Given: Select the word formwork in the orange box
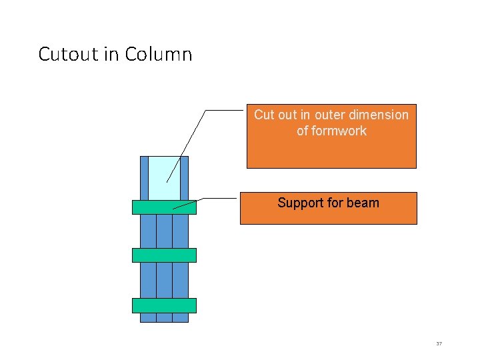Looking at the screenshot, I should click(339, 131).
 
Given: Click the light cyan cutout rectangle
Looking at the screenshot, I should click(164, 177).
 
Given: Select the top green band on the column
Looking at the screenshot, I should click(164, 207).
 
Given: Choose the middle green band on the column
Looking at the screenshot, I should click(164, 255).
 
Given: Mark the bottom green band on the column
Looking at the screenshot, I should click(164, 305).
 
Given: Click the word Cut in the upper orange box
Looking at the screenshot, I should click(264, 115).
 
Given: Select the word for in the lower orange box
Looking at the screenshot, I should click(335, 203).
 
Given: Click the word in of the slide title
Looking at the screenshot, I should click(110, 54).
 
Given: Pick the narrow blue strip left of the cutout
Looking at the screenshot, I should click(144, 177).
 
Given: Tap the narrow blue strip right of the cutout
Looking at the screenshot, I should click(185, 177).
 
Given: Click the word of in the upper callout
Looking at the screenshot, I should click(303, 131).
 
